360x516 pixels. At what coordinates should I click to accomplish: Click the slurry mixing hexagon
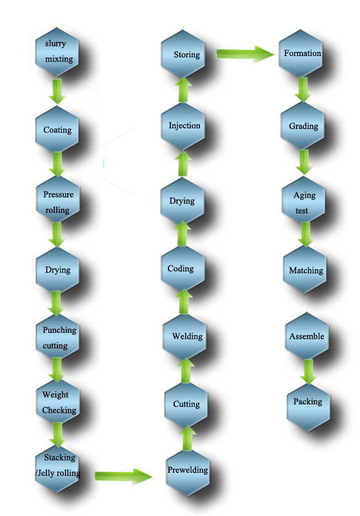tap(57, 52)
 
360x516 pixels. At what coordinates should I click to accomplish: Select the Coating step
tap(57, 129)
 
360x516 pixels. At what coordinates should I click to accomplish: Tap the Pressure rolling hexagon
tap(57, 199)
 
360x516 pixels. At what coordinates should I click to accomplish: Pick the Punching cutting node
tap(57, 337)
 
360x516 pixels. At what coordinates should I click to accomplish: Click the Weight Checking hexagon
tap(57, 402)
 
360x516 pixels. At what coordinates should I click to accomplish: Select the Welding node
tap(185, 336)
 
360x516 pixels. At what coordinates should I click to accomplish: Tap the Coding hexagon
tap(183, 268)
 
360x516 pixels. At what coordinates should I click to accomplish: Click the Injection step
tap(183, 126)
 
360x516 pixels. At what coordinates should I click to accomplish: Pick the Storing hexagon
tap(183, 54)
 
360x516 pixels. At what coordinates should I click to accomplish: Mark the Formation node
tap(301, 54)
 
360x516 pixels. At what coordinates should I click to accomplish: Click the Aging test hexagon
tap(303, 200)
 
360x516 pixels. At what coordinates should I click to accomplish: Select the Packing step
tap(308, 408)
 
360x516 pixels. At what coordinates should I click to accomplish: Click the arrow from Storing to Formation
tap(245, 54)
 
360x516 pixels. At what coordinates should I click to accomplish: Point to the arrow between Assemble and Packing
tap(308, 372)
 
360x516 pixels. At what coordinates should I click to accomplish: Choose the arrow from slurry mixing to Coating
tap(57, 91)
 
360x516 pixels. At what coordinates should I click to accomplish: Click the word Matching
tap(306, 270)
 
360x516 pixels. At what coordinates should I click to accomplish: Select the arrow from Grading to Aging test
tap(304, 162)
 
